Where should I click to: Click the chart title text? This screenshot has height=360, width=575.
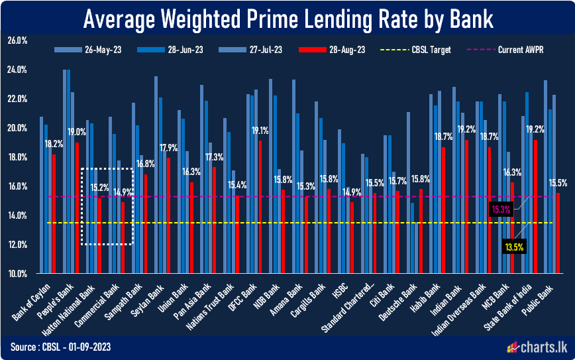[x=287, y=19]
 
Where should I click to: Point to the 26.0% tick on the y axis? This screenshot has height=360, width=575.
[x=17, y=40]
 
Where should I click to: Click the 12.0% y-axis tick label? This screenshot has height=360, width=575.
[x=17, y=245]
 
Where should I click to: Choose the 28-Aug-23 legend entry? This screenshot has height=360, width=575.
[x=337, y=50]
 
